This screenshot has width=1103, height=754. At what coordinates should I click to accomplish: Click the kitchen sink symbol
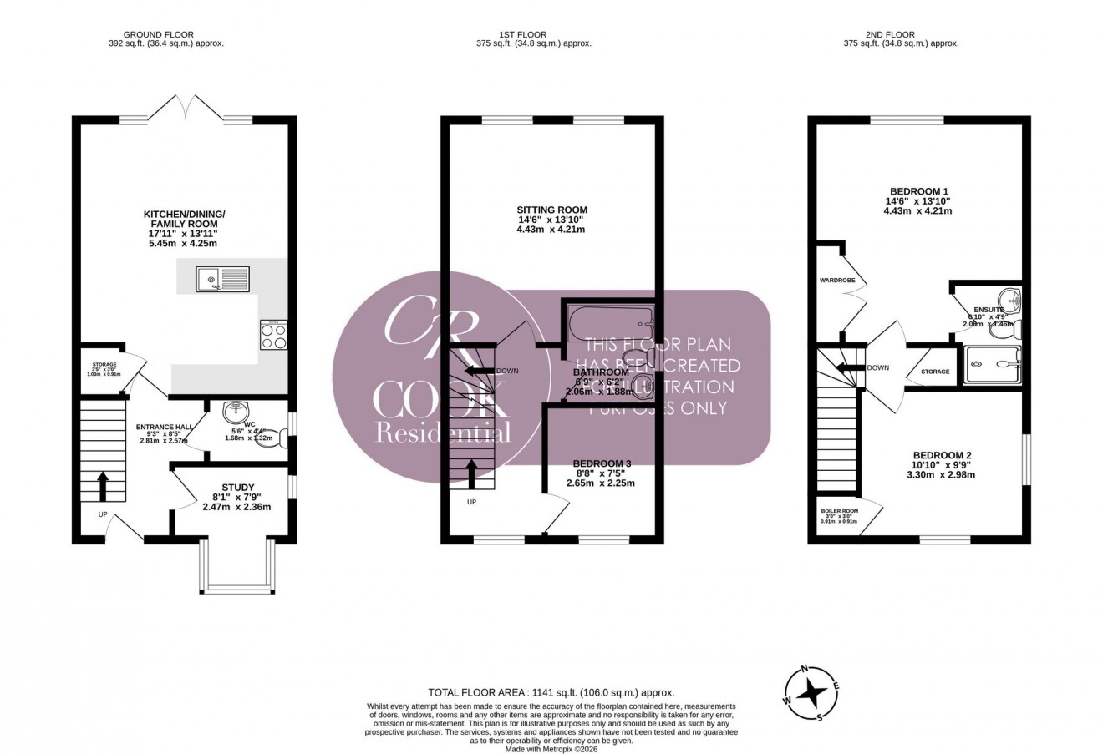[x=222, y=278]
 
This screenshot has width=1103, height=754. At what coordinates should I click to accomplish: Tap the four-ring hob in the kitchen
[x=273, y=334]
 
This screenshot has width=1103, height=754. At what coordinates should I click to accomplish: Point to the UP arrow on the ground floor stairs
[x=104, y=483]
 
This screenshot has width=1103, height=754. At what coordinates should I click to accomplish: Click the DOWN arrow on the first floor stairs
[x=480, y=371]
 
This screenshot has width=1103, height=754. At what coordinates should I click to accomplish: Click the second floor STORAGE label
[x=934, y=372]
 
